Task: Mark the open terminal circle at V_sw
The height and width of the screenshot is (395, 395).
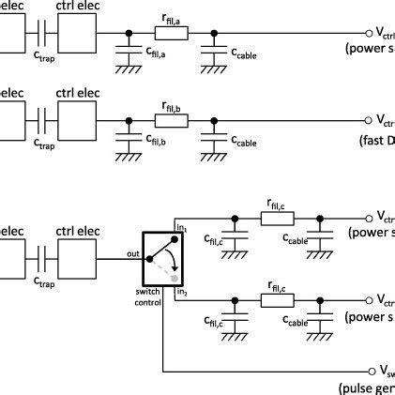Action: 369,371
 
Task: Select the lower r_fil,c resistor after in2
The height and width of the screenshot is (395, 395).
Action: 277,300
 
